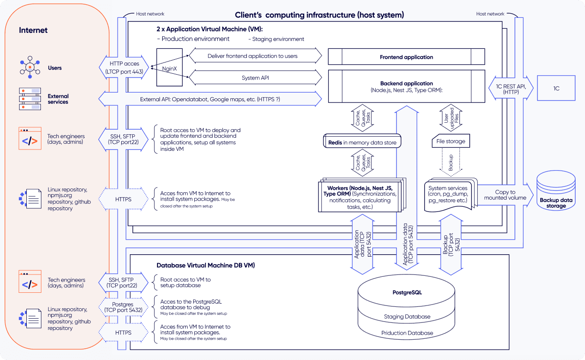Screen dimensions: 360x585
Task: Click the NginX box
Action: click(169, 68)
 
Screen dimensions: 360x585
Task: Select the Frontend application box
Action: click(406, 57)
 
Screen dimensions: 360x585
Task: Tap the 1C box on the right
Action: click(557, 88)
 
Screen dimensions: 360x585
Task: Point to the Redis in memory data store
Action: click(362, 142)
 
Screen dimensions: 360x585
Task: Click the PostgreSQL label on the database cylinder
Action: click(407, 292)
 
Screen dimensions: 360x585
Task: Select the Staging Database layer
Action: click(407, 316)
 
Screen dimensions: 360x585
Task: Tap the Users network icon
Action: click(30, 68)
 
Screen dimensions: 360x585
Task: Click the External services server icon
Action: click(30, 99)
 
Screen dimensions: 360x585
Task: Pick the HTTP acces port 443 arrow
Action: click(124, 68)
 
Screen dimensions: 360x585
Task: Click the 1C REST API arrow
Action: click(511, 88)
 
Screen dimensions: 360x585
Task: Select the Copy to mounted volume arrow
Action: click(506, 195)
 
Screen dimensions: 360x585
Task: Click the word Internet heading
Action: click(33, 31)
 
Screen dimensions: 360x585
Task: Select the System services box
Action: click(451, 194)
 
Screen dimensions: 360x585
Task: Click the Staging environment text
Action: click(276, 39)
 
